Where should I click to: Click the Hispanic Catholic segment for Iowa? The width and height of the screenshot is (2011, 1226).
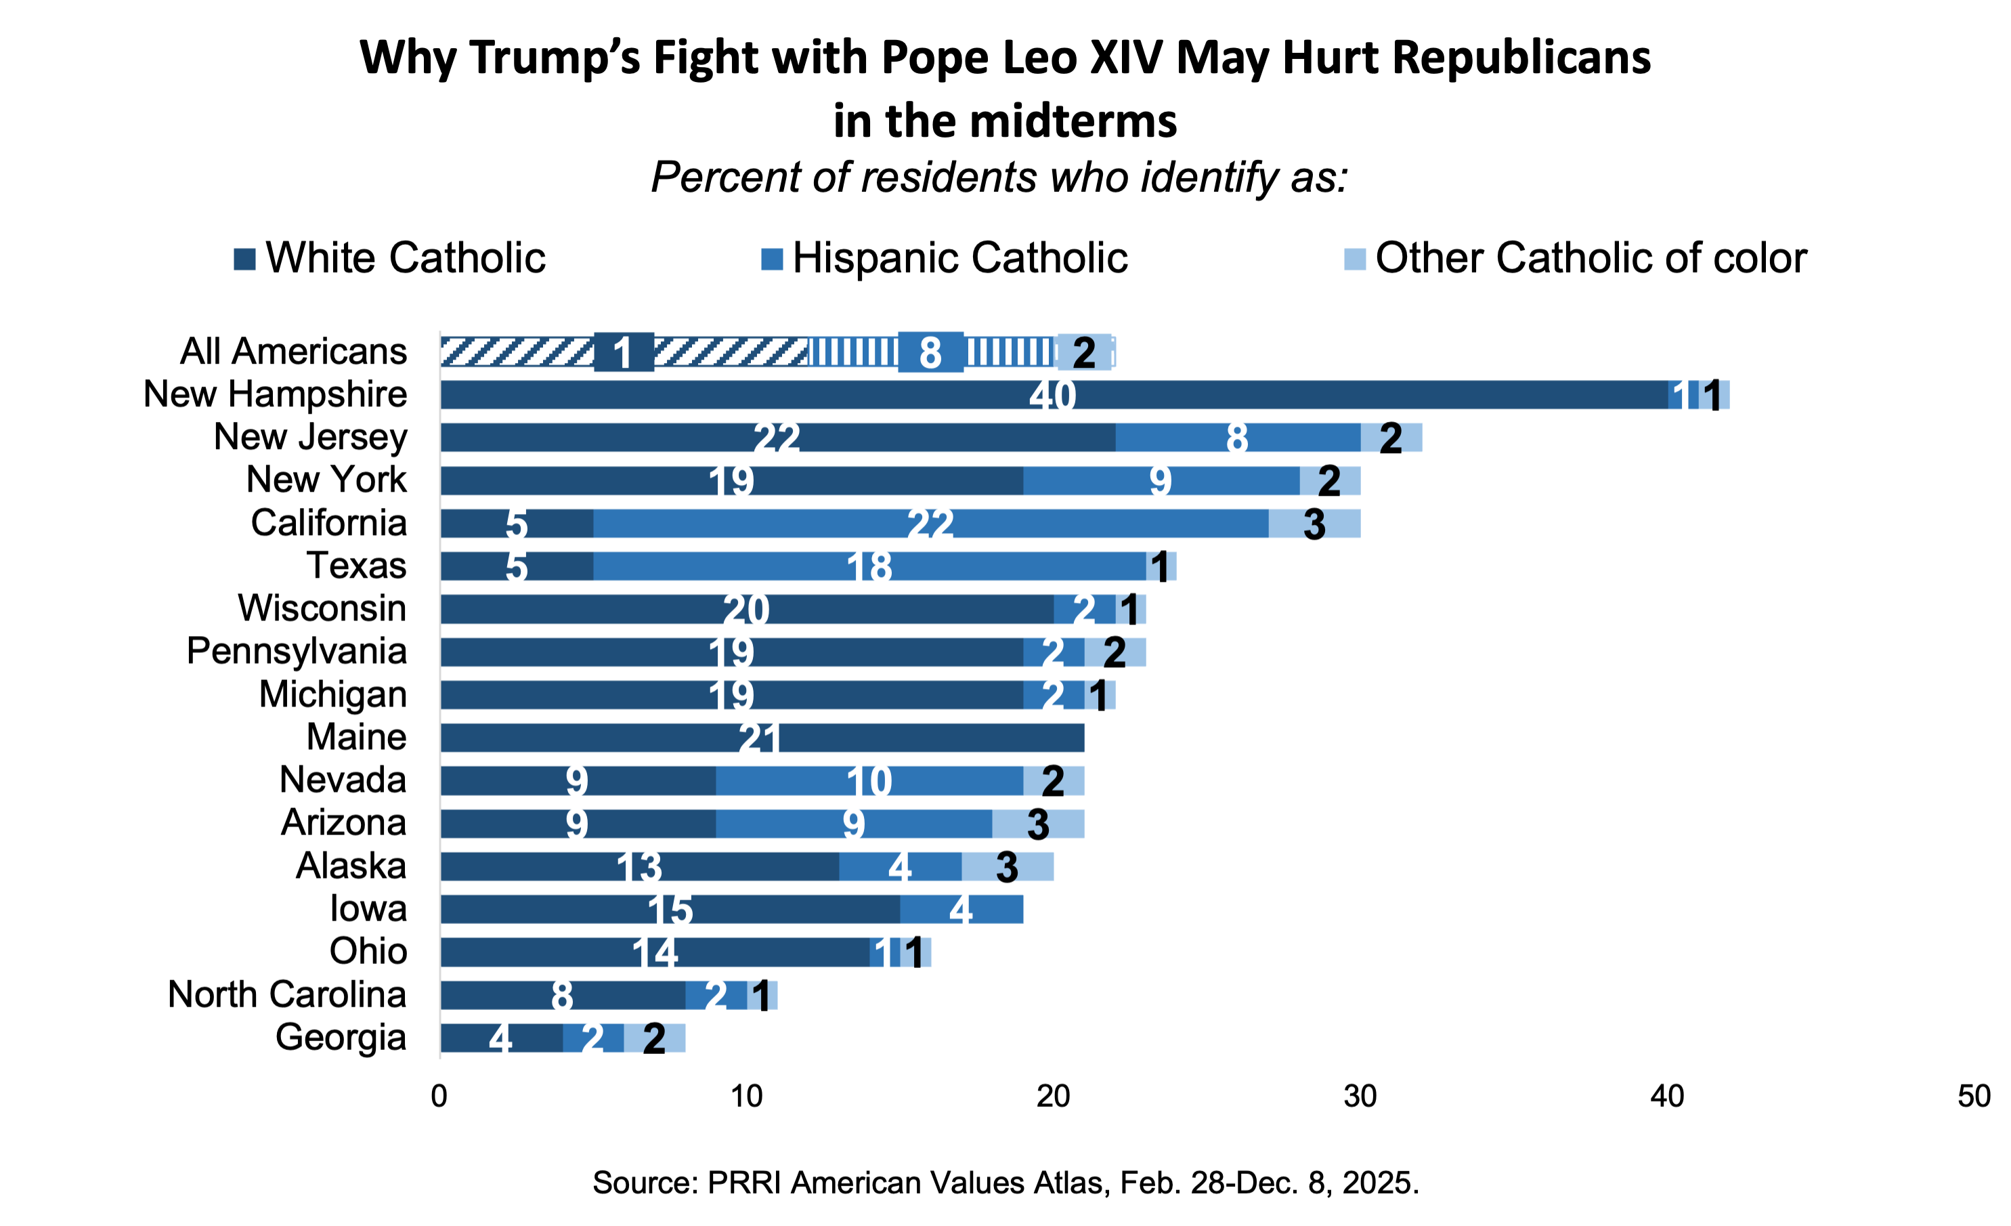[961, 909]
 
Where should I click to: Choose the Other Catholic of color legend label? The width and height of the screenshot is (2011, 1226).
[1591, 258]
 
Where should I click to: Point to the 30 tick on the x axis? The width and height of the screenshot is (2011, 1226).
[1360, 1095]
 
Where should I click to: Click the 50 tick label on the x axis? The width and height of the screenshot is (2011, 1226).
[1974, 1095]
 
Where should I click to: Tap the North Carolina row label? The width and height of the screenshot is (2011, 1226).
[286, 994]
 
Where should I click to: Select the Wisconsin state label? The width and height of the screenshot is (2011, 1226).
[322, 608]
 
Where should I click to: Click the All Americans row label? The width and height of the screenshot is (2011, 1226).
[293, 351]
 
